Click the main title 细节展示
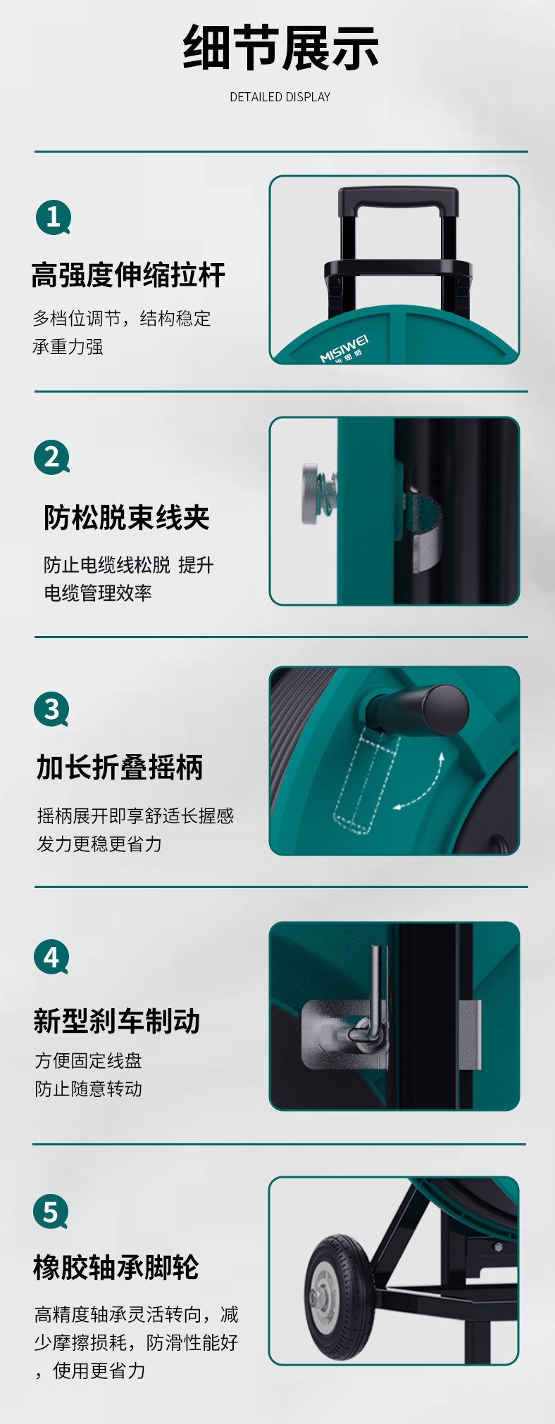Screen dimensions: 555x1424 coord(281,48)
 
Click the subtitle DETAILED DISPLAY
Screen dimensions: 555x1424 coord(280,97)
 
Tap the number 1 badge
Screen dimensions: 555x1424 coord(54,217)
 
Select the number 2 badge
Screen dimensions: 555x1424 coord(52,458)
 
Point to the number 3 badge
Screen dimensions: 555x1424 coord(52,709)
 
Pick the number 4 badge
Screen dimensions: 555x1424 coord(52,958)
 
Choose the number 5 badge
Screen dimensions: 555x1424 coord(51,1212)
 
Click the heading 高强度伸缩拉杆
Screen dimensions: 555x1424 coord(128,275)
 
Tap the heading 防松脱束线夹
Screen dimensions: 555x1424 coord(127,518)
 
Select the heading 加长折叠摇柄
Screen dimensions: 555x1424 coord(120,768)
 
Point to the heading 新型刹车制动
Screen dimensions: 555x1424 coord(117,1022)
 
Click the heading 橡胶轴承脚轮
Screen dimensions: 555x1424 coord(116,1268)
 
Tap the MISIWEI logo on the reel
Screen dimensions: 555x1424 coord(344,350)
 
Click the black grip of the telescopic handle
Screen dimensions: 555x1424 coord(399,200)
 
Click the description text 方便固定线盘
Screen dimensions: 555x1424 coord(89,1061)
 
